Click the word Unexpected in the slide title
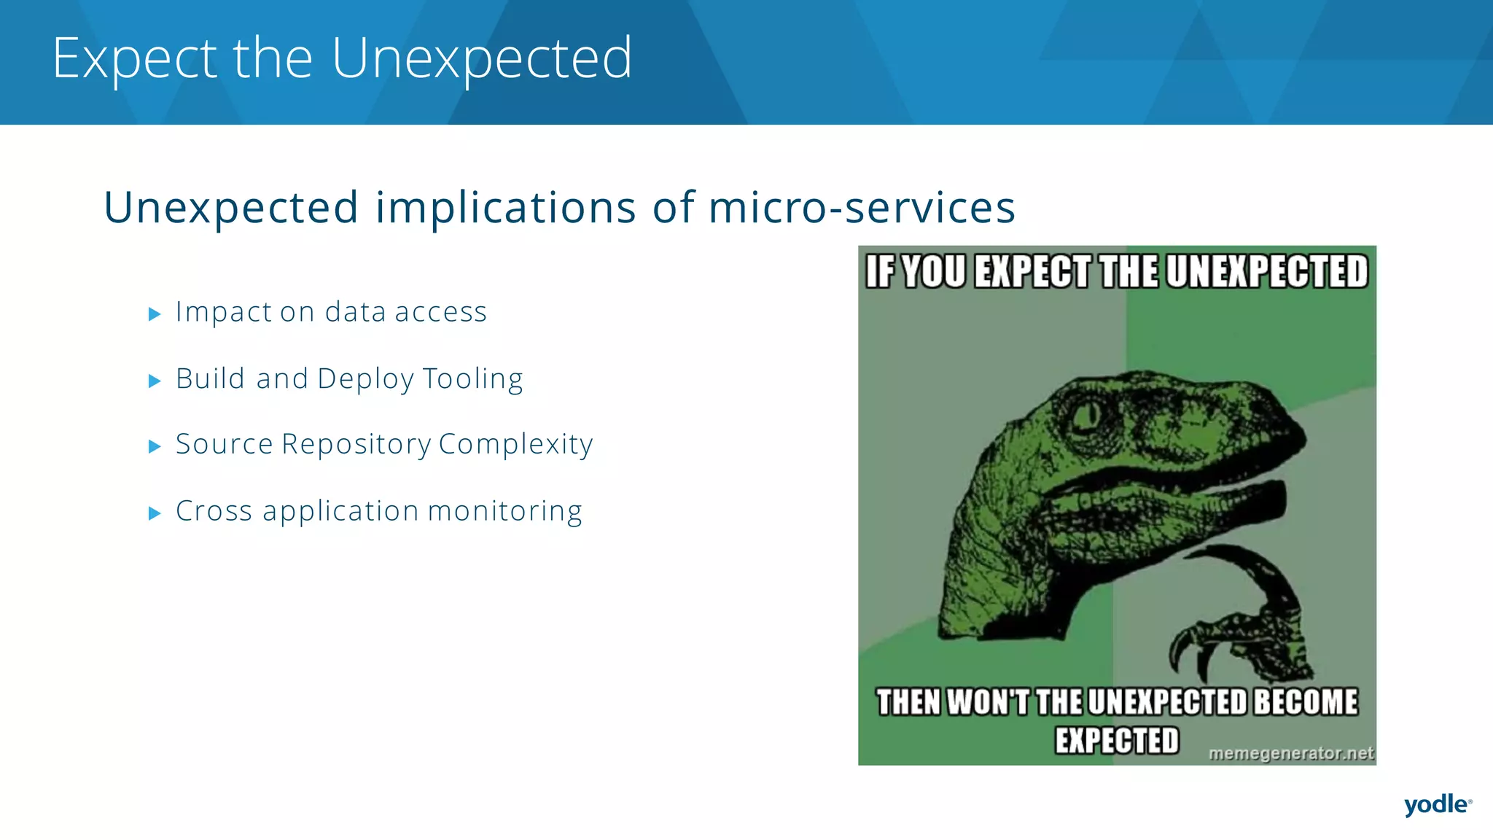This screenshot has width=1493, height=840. [x=481, y=58]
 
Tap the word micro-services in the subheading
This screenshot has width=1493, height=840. [x=862, y=208]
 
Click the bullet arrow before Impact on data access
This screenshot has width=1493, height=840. [x=155, y=314]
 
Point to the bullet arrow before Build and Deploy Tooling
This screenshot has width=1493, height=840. [x=155, y=381]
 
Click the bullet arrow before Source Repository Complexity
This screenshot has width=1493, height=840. [x=155, y=446]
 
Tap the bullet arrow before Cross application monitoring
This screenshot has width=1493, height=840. [x=155, y=513]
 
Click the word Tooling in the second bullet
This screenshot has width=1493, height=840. [x=472, y=380]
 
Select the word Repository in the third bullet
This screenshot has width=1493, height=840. [x=356, y=445]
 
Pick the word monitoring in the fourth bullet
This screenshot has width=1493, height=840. [x=504, y=512]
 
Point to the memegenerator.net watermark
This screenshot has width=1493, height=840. [x=1290, y=753]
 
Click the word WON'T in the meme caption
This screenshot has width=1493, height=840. [x=988, y=702]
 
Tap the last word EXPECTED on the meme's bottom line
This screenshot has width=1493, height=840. [x=1116, y=741]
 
